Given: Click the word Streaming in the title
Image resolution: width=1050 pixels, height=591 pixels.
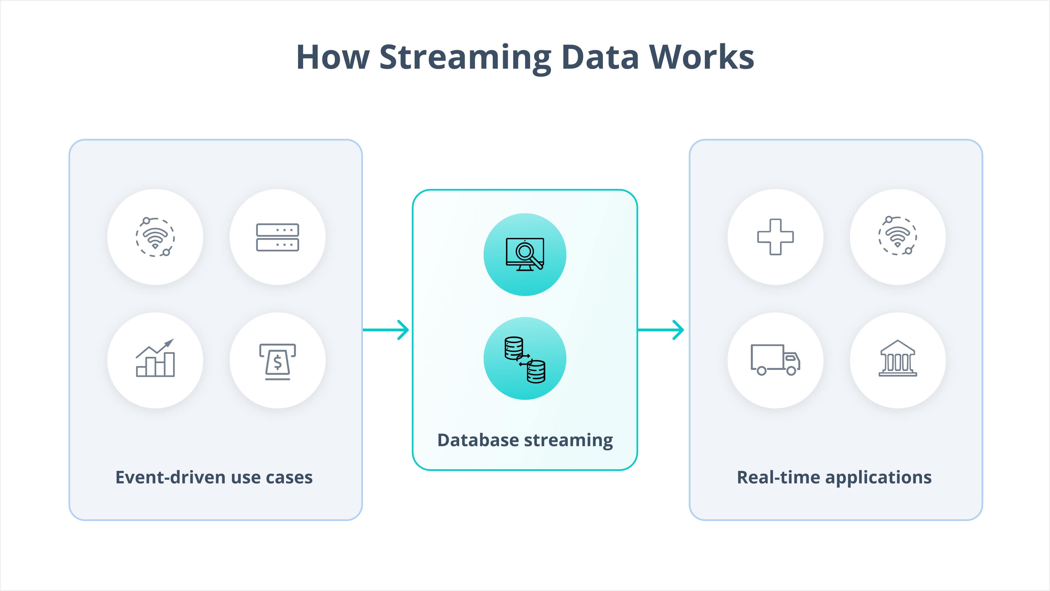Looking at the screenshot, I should tap(465, 58).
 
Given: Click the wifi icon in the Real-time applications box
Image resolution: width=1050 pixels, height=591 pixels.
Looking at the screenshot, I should tap(897, 236).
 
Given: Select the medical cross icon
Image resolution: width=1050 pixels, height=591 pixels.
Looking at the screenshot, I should tap(775, 237).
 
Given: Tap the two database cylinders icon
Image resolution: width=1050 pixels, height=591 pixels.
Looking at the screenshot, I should tap(525, 359).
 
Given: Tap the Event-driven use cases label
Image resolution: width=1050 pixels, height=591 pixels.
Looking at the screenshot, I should tap(214, 477).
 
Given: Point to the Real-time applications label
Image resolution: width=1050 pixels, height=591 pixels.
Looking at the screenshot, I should tap(834, 477).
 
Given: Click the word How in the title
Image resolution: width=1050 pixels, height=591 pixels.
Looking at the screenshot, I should tap(332, 58).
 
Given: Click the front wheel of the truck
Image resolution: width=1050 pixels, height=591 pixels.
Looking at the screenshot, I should tap(791, 371).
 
